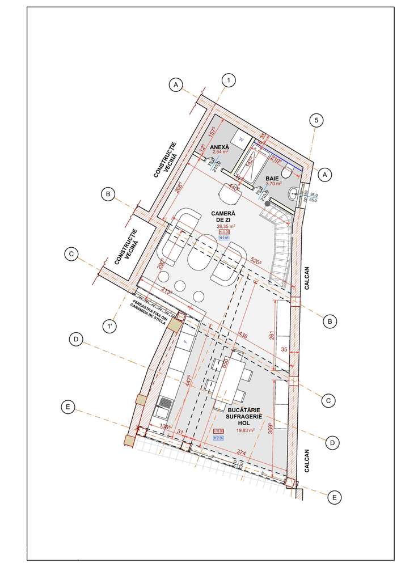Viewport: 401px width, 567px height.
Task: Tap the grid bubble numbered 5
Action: click(x=316, y=120)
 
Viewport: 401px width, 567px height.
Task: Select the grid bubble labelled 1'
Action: click(x=108, y=326)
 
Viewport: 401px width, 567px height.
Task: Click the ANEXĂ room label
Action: click(x=219, y=147)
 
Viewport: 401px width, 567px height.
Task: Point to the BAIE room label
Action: click(x=273, y=179)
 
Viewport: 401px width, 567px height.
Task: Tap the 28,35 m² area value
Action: click(x=226, y=226)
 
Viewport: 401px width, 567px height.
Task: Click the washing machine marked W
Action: click(x=240, y=139)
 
